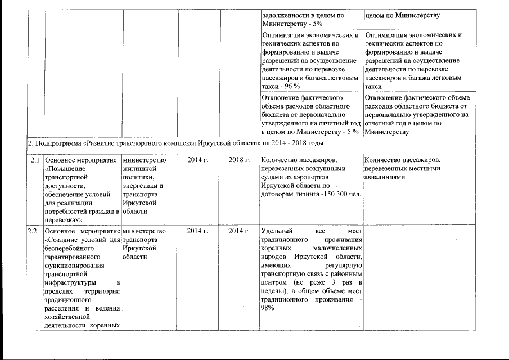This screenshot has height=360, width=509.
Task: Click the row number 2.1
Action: pyautogui.click(x=35, y=161)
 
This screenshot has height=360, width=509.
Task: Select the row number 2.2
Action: pyautogui.click(x=33, y=231)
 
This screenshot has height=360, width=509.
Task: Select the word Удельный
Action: pyautogui.click(x=276, y=231)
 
